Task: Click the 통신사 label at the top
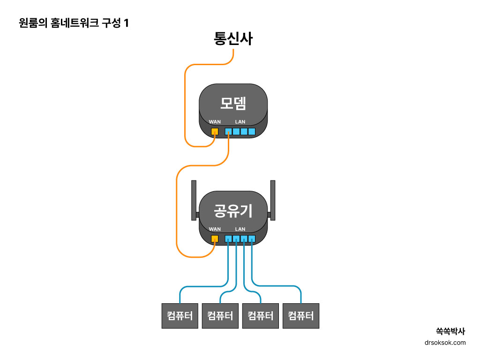tap(233, 38)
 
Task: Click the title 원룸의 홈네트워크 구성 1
tap(74, 23)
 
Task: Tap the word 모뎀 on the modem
tap(233, 103)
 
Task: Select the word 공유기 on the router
tap(233, 210)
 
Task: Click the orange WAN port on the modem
tap(215, 132)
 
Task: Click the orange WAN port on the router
tap(215, 239)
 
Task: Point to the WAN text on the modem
tap(215, 122)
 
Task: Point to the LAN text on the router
tap(240, 229)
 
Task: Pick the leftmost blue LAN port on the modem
tap(228, 132)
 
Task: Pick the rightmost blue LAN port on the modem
tap(252, 132)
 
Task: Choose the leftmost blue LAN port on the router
tap(228, 239)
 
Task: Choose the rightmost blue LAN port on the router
tap(252, 239)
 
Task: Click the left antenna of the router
tap(194, 200)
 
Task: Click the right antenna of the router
tap(273, 200)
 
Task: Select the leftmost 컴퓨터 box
tap(180, 315)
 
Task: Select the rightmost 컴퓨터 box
tap(301, 315)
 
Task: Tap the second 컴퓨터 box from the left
tap(220, 315)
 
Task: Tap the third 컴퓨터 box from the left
tap(261, 315)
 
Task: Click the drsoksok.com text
tap(445, 343)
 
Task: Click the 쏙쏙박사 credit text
tap(450, 331)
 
